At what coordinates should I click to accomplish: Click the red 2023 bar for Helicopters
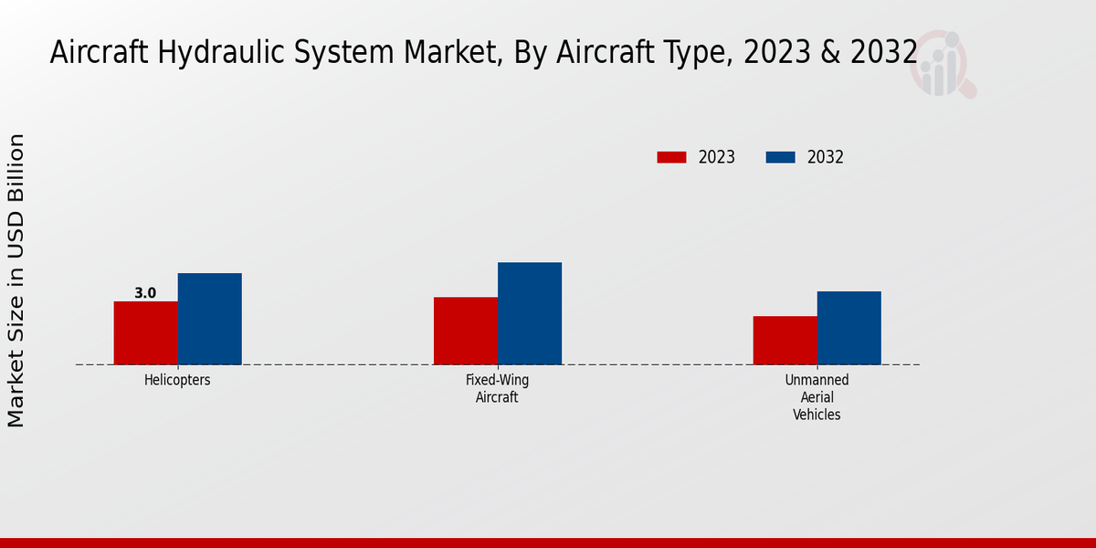146,333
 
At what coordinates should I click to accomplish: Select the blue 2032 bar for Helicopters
210,319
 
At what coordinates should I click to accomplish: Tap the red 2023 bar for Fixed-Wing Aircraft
466,331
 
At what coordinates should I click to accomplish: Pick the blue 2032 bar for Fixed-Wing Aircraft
530,313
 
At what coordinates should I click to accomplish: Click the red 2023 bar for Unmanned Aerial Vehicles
785,341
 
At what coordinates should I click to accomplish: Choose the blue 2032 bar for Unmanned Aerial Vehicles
849,328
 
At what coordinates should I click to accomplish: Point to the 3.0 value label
145,293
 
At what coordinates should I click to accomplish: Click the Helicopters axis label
177,380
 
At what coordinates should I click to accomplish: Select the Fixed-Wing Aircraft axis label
497,388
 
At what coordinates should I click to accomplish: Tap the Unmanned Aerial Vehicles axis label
817,397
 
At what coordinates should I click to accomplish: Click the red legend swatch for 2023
671,157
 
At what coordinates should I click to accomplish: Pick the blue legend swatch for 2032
780,157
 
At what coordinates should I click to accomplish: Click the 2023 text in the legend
717,157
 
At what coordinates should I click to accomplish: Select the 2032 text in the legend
826,157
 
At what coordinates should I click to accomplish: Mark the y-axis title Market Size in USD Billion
16,279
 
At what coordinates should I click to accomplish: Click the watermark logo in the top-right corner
943,64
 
